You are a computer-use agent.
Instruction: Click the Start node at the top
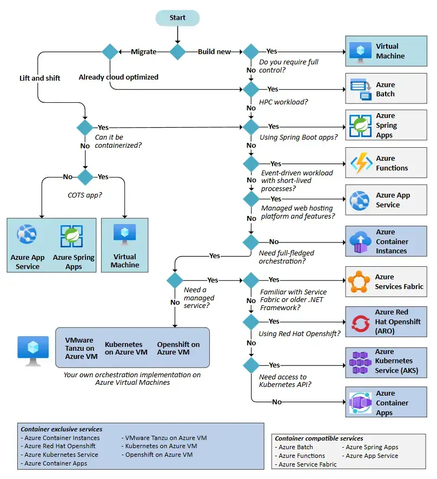(x=177, y=18)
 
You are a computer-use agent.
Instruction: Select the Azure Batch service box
(x=386, y=89)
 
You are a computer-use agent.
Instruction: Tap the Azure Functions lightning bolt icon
(x=361, y=163)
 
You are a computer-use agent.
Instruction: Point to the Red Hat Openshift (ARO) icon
(x=360, y=324)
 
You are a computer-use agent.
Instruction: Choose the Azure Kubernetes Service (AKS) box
(x=386, y=363)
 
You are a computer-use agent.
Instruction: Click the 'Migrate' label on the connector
(x=144, y=52)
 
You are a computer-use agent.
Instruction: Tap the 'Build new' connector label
(x=214, y=52)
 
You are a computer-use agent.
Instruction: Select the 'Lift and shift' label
(x=39, y=78)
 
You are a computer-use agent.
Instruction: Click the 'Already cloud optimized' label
(x=118, y=77)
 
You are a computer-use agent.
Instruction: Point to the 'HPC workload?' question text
(x=283, y=102)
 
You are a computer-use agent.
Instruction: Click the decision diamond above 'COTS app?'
(x=85, y=177)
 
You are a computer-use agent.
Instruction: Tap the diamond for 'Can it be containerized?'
(x=85, y=127)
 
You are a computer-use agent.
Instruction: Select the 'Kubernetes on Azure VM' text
(x=126, y=348)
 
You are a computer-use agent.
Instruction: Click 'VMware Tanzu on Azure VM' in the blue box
(x=81, y=348)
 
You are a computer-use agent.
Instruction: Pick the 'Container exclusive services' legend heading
(x=61, y=429)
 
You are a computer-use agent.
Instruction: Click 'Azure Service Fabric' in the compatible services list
(x=308, y=464)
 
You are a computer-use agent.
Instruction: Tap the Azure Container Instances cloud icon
(x=360, y=242)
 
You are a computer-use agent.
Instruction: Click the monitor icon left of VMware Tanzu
(x=33, y=351)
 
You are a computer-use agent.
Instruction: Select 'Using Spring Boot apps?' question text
(x=299, y=137)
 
